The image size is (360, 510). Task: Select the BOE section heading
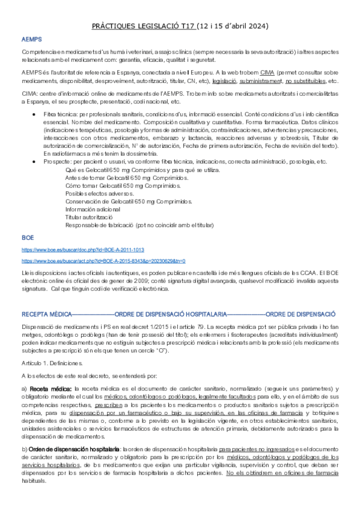coord(28,238)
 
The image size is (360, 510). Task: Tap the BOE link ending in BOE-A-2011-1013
coord(75,249)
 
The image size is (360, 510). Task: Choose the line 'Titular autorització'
coord(88,217)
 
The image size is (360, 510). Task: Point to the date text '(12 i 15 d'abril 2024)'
coord(225,26)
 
